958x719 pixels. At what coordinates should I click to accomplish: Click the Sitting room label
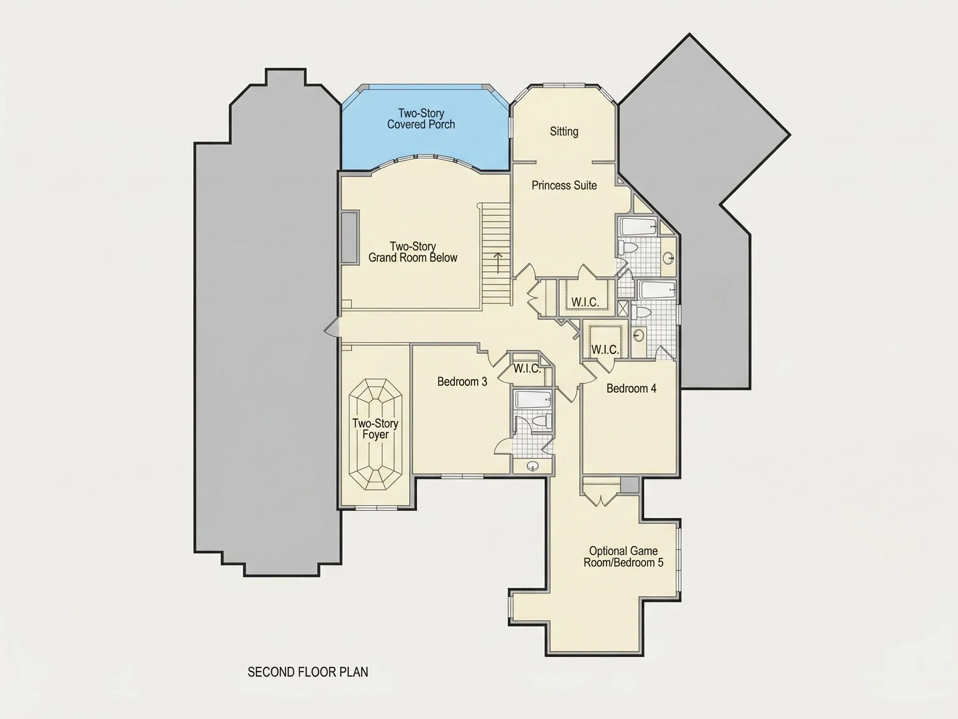pyautogui.click(x=564, y=131)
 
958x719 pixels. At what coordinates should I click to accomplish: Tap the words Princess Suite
pyautogui.click(x=564, y=186)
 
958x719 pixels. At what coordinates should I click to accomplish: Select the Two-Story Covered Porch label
pyautogui.click(x=421, y=119)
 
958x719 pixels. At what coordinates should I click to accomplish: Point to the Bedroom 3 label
pyautogui.click(x=462, y=382)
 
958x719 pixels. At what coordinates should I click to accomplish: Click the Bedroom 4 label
pyautogui.click(x=631, y=388)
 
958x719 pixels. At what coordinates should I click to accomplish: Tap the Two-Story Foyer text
pyautogui.click(x=375, y=429)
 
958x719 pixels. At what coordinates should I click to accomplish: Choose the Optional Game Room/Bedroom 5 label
pyautogui.click(x=623, y=557)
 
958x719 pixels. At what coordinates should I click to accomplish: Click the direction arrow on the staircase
pyautogui.click(x=498, y=263)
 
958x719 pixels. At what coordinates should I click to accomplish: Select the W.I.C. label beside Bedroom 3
pyautogui.click(x=527, y=369)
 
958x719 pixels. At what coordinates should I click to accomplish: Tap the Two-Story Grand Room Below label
pyautogui.click(x=413, y=252)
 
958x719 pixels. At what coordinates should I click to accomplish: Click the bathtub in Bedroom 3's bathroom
pyautogui.click(x=533, y=399)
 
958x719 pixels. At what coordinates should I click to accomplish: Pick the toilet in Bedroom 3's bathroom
pyautogui.click(x=542, y=420)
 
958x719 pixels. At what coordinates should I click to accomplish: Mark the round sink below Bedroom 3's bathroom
pyautogui.click(x=533, y=466)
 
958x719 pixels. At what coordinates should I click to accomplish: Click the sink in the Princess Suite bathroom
pyautogui.click(x=668, y=258)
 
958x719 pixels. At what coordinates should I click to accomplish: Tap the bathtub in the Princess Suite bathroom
pyautogui.click(x=638, y=227)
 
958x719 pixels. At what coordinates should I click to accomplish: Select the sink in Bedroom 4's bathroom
pyautogui.click(x=638, y=335)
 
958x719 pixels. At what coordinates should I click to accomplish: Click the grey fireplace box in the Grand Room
pyautogui.click(x=350, y=237)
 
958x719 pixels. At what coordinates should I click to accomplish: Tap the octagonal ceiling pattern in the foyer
pyautogui.click(x=375, y=434)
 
